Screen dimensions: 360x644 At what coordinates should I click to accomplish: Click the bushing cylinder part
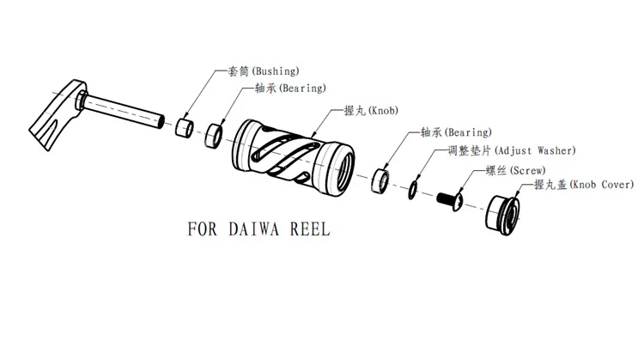pyautogui.click(x=184, y=130)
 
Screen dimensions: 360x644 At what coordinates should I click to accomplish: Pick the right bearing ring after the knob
pyautogui.click(x=380, y=183)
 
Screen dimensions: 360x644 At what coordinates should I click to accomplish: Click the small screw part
pyautogui.click(x=451, y=200)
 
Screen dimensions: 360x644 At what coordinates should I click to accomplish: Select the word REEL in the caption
pyautogui.click(x=308, y=230)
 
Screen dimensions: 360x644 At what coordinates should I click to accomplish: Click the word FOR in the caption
pyautogui.click(x=203, y=230)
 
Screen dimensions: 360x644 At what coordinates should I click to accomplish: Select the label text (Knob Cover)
pyautogui.click(x=592, y=185)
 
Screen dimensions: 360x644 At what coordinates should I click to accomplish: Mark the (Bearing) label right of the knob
pyautogui.click(x=467, y=132)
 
